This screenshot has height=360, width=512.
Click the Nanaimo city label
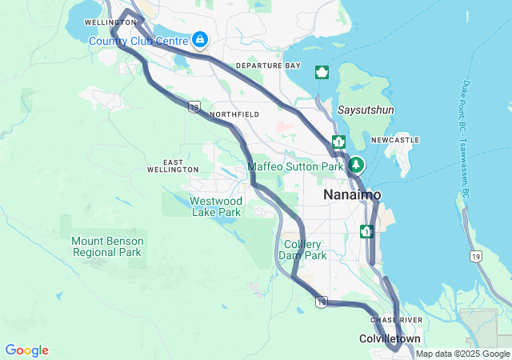(x=352, y=195)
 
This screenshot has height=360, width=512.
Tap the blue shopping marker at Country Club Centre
(x=199, y=39)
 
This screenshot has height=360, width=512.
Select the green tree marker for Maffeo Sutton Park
(x=356, y=166)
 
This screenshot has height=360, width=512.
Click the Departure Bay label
(x=268, y=66)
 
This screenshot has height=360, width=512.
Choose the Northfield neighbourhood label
(x=234, y=115)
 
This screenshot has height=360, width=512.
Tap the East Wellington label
(x=173, y=166)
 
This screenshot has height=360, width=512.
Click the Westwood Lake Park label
(x=216, y=206)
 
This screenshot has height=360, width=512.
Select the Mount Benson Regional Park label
(x=107, y=246)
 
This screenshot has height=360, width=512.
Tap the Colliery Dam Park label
(x=302, y=250)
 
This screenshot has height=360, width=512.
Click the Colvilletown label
(x=390, y=339)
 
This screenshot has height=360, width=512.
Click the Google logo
(x=26, y=350)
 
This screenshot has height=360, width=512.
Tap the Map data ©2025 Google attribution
(x=462, y=354)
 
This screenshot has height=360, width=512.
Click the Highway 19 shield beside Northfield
(x=194, y=106)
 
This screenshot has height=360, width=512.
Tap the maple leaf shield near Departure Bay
(x=322, y=73)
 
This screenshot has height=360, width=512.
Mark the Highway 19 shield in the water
(x=476, y=256)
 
